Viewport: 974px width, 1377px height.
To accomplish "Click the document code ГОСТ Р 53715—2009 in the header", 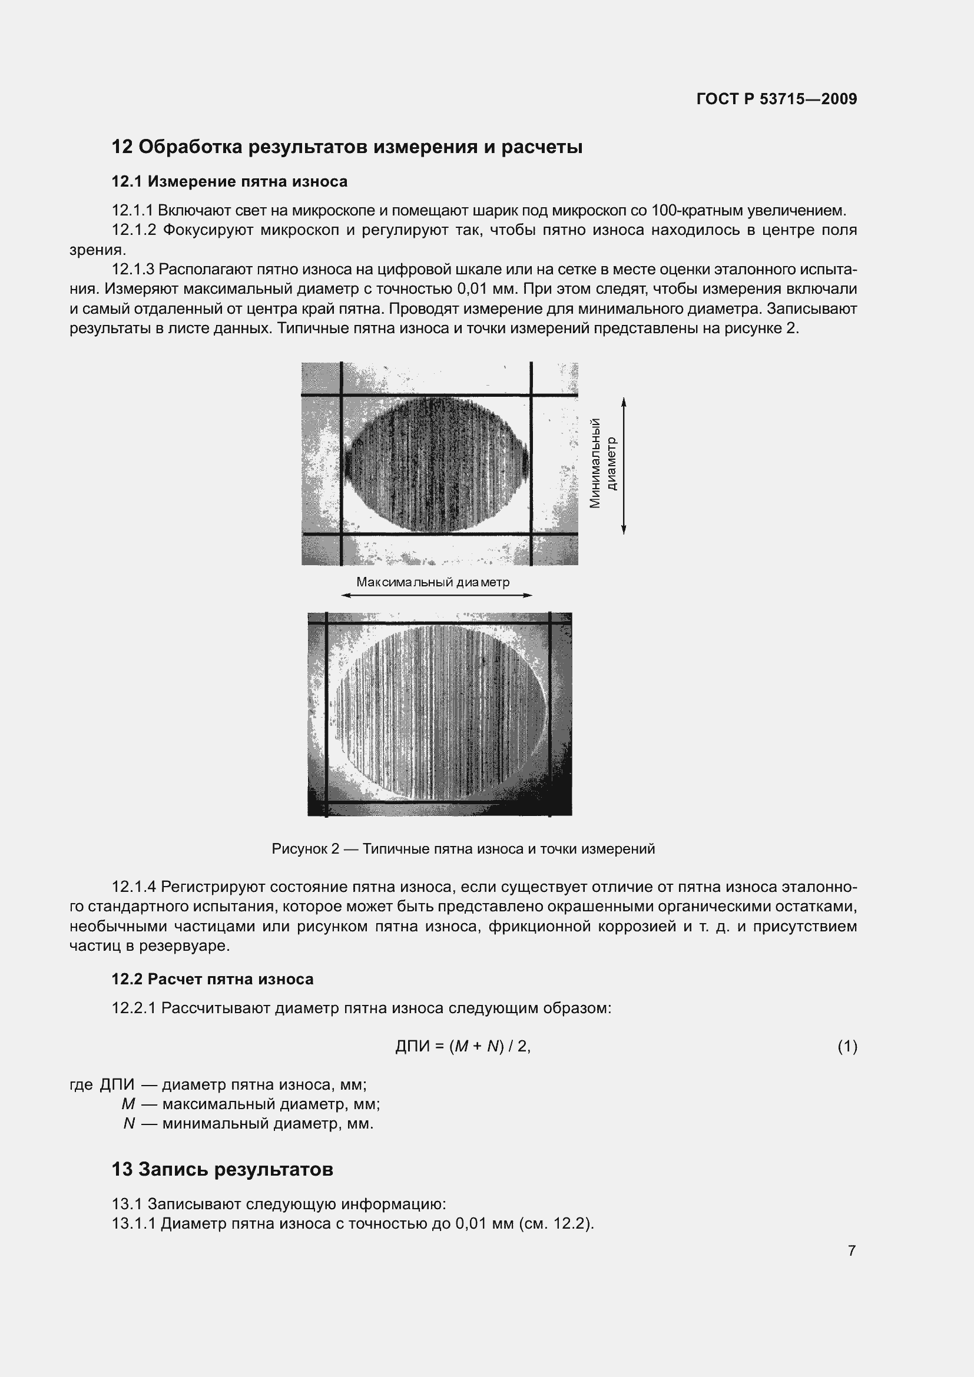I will tap(777, 99).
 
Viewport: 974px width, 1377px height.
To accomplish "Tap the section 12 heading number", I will tap(122, 147).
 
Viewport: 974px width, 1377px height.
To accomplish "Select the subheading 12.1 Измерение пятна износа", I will tap(229, 181).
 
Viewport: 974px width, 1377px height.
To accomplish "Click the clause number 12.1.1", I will tap(132, 211).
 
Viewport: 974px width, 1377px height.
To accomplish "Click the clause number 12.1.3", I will tap(132, 269).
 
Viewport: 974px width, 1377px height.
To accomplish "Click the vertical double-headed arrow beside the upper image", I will tap(624, 466).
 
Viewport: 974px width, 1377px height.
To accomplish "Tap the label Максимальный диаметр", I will tap(432, 582).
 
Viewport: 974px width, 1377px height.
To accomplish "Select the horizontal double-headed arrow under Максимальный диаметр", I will tap(436, 596).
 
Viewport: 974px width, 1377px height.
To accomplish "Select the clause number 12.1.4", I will tap(134, 887).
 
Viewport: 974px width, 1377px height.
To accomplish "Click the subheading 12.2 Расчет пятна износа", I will tap(213, 979).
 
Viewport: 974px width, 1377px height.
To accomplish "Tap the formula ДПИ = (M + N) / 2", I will tap(463, 1046).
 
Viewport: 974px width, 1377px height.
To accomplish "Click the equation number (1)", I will tap(847, 1047).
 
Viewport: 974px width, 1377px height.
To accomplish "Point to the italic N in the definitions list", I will tap(129, 1123).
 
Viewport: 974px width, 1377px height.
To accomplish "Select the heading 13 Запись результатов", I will tap(222, 1169).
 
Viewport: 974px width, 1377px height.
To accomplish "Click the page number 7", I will tap(852, 1250).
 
